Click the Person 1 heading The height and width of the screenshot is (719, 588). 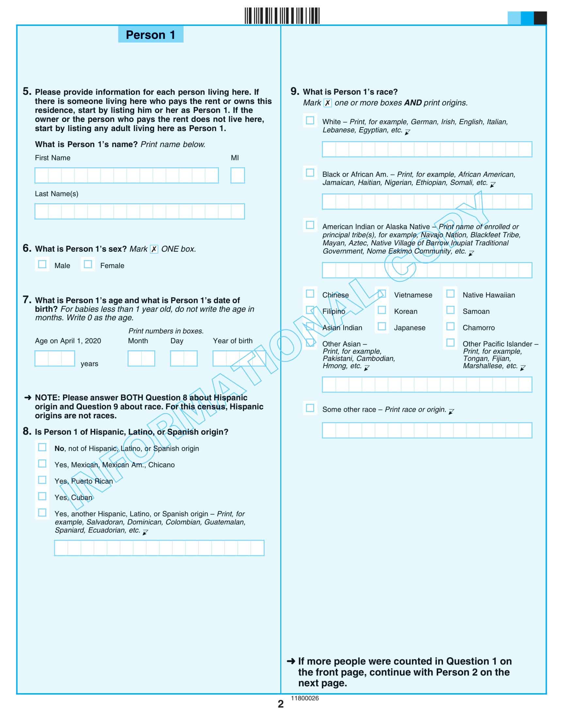coord(150,35)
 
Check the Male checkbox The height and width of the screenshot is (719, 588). coord(42,264)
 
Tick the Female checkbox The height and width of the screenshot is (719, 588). coord(88,264)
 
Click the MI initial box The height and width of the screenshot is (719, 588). coord(237,176)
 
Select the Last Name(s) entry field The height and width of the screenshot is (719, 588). coord(139,211)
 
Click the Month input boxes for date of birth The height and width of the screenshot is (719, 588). coord(141,359)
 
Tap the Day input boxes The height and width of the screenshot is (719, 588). coord(184,359)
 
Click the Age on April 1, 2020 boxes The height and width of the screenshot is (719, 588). coord(55,359)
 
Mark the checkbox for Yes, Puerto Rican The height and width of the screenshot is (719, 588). coord(42,480)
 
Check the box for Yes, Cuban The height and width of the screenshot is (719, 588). coord(42,496)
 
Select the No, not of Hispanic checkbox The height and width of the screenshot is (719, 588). coord(42,447)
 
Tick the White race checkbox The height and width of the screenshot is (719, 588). coord(310,120)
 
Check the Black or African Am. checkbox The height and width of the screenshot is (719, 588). coord(310,173)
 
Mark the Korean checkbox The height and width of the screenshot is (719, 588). coord(382,310)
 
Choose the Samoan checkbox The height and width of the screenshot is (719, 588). coord(450,310)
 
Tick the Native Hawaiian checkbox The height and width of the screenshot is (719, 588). coord(450,293)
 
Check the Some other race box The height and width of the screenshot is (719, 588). coord(310,408)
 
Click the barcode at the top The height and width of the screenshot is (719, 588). coord(282,16)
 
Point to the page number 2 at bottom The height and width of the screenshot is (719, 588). coord(281,704)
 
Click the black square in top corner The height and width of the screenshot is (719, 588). coord(540,18)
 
